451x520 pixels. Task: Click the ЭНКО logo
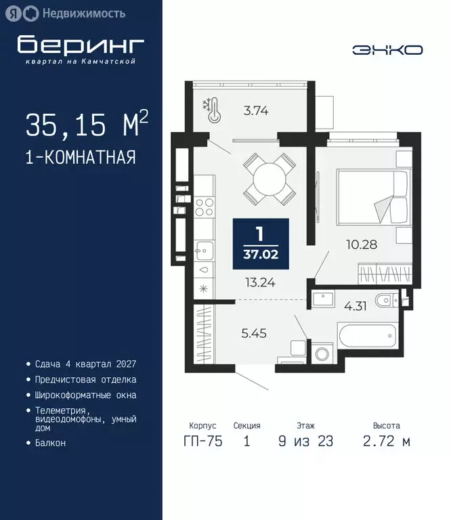387,49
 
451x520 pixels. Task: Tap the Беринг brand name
81,45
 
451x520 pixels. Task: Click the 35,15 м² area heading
87,125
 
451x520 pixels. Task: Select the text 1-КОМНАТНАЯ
81,158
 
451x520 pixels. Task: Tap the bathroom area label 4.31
356,305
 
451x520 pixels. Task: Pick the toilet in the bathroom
387,299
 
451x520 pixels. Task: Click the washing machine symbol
320,354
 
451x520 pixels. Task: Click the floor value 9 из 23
305,441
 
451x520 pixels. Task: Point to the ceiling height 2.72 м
385,441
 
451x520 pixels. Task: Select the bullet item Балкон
51,442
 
